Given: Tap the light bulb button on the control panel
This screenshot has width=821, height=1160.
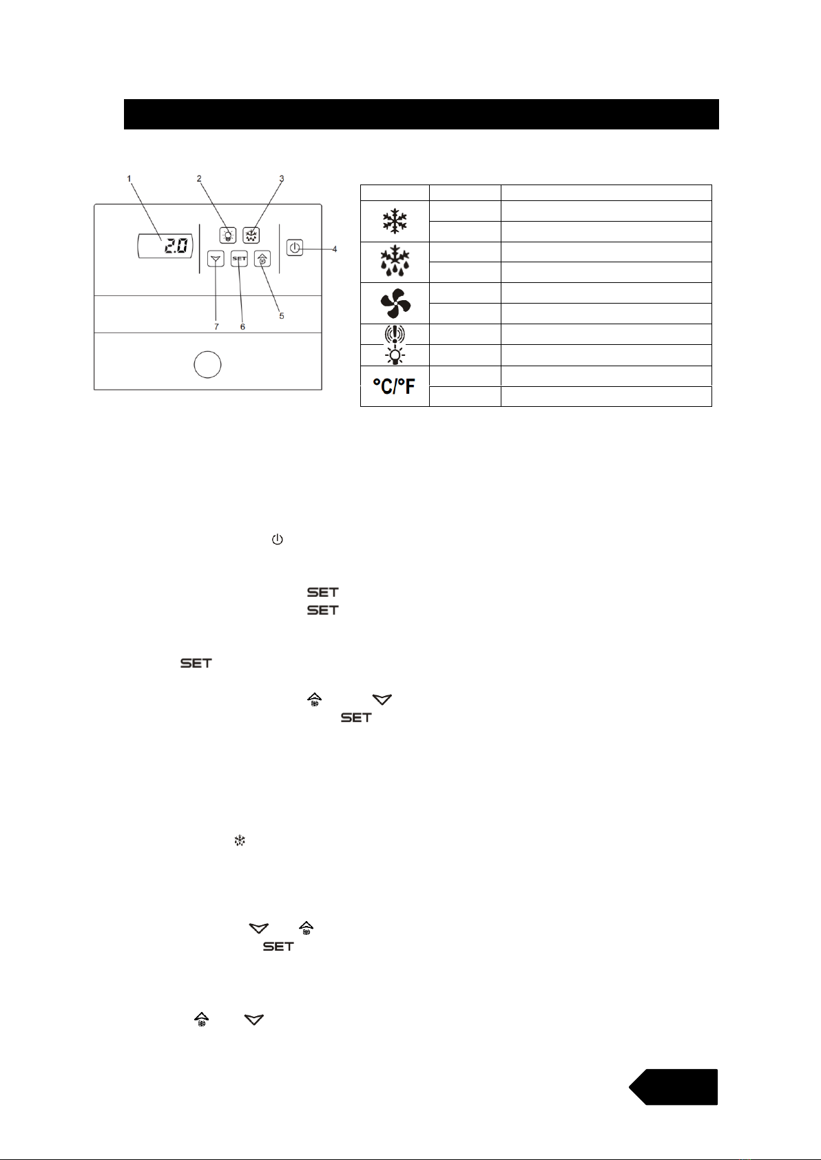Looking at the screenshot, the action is coord(227,234).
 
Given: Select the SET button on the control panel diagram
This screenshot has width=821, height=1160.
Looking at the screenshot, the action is coord(239,259).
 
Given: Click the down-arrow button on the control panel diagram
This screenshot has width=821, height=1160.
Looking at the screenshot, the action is coord(216,260).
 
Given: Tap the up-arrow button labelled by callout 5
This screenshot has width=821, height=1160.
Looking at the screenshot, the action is coord(262,260).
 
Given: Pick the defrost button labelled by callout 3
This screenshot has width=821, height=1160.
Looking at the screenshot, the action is coord(251,234).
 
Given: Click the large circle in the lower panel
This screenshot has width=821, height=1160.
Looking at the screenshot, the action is coord(207,364).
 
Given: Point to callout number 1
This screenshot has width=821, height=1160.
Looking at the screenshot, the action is coord(129,179).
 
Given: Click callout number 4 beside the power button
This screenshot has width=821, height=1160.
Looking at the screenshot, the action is coord(335,249).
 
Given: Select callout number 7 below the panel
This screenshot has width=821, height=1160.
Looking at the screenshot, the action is coord(216,326).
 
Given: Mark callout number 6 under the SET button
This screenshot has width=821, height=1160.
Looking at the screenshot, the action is coord(242,326).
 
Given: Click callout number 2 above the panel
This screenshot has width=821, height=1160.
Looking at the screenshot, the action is coord(199,179).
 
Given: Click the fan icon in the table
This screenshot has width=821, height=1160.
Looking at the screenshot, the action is coord(395,304).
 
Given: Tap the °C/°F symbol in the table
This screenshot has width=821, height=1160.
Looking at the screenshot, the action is coord(395,387).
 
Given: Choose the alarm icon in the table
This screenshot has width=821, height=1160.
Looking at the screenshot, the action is coord(395,335).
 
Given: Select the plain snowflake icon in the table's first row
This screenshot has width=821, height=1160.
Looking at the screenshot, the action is coord(395,222).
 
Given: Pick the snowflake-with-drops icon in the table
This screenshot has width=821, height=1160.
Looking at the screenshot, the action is coord(395,262).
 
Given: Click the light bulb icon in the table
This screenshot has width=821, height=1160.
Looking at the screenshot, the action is coord(395,355).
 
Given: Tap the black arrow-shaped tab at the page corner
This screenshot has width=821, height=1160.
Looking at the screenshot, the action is coord(674,1087).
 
